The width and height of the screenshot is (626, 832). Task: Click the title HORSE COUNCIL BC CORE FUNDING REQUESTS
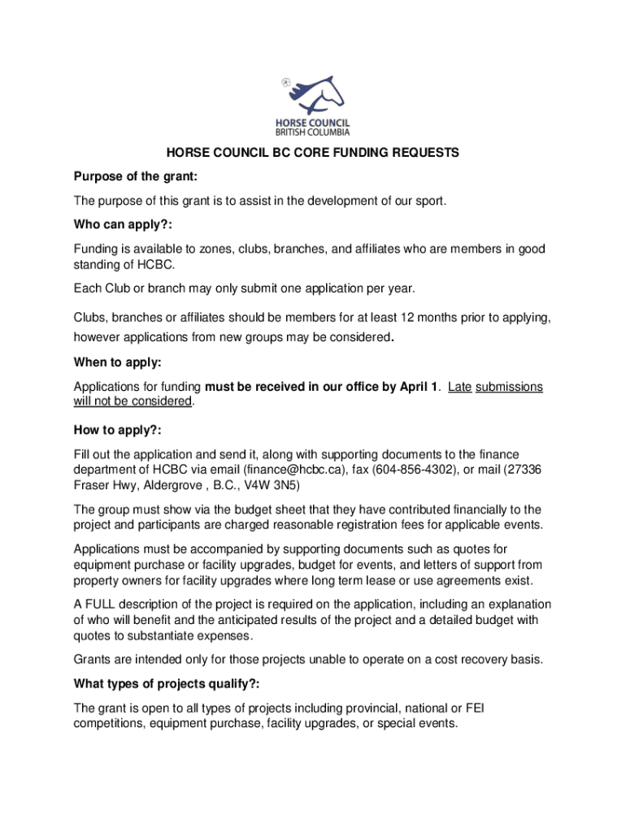point(313,153)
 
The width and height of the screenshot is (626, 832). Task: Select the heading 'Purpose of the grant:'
point(136,176)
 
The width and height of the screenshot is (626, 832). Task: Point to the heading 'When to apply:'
point(117,363)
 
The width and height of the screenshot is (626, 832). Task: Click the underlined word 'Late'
point(459,387)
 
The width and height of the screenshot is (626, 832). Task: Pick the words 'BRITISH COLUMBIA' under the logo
point(313,132)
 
